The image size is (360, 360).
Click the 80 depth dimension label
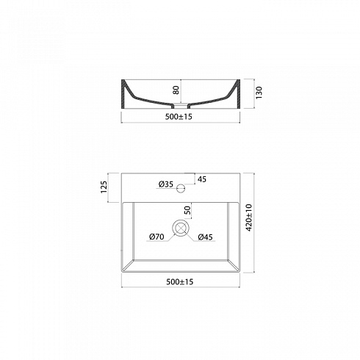pos(176,90)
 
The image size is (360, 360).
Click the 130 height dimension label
pos(259,93)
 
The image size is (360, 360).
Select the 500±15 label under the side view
pos(179,117)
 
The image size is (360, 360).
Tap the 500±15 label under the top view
pos(180,282)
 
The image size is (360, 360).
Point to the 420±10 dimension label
pos(249,217)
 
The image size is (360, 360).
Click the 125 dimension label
pos(104,187)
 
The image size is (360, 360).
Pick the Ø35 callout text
pos(166,184)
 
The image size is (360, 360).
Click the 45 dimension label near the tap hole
pos(202,179)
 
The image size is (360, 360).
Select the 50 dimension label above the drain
pos(187,210)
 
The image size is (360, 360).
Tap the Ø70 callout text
pos(156,237)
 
